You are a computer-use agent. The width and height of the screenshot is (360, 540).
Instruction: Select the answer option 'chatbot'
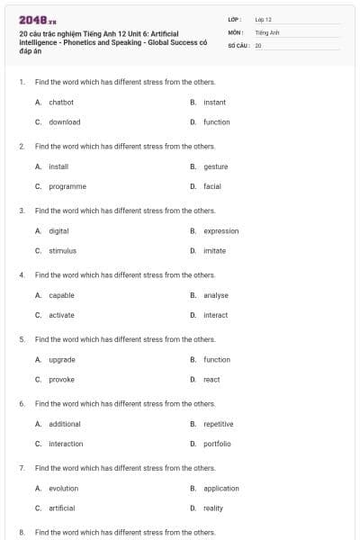(61, 103)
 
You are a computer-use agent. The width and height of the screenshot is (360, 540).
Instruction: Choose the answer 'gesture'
(216, 166)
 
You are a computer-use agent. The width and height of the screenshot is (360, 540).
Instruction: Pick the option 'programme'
(67, 186)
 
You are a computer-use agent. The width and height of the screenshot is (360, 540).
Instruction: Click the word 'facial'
(212, 186)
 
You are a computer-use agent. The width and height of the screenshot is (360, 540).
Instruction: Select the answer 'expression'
(221, 231)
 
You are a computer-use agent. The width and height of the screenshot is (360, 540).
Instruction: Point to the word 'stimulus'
(63, 251)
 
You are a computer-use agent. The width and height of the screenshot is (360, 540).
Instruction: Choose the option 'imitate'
(215, 251)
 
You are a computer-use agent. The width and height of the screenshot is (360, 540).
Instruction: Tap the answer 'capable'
(62, 295)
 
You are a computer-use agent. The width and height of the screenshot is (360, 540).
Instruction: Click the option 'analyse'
(216, 295)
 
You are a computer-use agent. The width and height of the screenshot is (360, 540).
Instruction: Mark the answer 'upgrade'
(62, 360)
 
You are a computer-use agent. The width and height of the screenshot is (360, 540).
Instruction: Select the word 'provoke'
(62, 380)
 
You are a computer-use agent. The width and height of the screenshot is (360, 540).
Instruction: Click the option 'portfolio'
(217, 444)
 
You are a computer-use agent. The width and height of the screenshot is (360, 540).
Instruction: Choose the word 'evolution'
(64, 489)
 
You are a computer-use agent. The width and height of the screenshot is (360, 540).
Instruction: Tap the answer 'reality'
(213, 508)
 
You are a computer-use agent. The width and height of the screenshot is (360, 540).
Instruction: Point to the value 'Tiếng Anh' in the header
(267, 31)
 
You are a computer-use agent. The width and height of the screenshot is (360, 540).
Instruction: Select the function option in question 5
(217, 360)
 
